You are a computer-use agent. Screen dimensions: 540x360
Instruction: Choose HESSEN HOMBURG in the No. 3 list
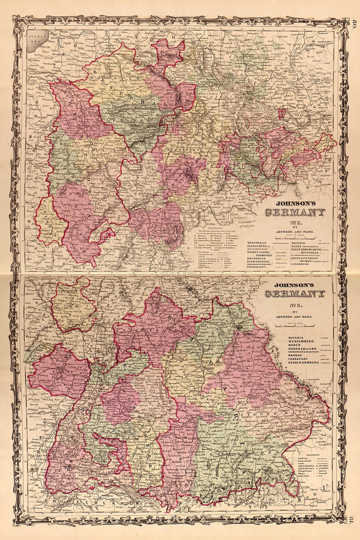(x=304, y=363)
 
